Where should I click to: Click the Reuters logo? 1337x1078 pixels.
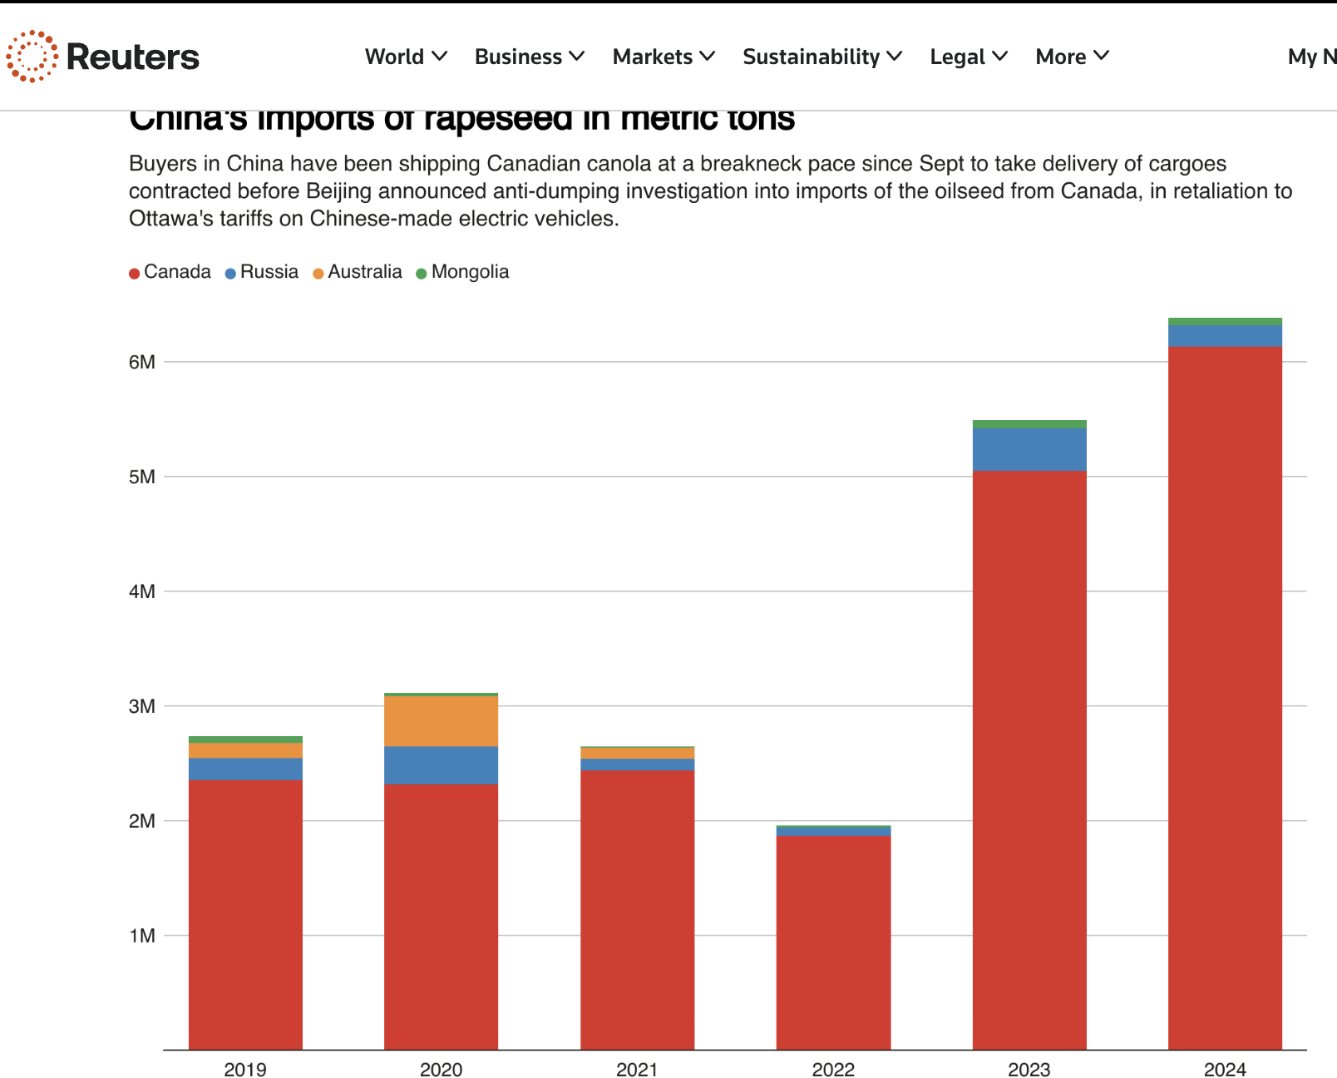click(x=103, y=57)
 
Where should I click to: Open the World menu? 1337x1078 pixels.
click(x=406, y=57)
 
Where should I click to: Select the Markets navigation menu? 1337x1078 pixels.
click(x=664, y=57)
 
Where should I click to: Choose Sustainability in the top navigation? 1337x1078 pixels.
click(x=821, y=57)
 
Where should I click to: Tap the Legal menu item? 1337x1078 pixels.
click(x=969, y=57)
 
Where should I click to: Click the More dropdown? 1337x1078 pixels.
click(x=1072, y=57)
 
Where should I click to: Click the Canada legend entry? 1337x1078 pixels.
click(x=170, y=272)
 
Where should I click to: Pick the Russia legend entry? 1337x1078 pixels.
click(x=262, y=272)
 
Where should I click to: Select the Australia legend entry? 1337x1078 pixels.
click(x=358, y=272)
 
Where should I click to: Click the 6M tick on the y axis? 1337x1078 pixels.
click(x=142, y=362)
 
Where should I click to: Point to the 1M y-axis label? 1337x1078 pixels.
click(x=142, y=936)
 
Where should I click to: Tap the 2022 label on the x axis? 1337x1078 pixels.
click(x=833, y=1070)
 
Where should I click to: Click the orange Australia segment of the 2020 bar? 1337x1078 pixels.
click(x=441, y=721)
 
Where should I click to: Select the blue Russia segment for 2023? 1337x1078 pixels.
click(x=1029, y=449)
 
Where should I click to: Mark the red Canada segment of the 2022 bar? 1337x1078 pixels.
click(x=833, y=940)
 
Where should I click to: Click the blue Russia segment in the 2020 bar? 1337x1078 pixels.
click(x=441, y=765)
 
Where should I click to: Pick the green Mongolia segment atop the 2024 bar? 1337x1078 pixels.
click(x=1225, y=322)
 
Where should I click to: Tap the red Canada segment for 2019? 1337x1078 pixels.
click(x=245, y=915)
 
